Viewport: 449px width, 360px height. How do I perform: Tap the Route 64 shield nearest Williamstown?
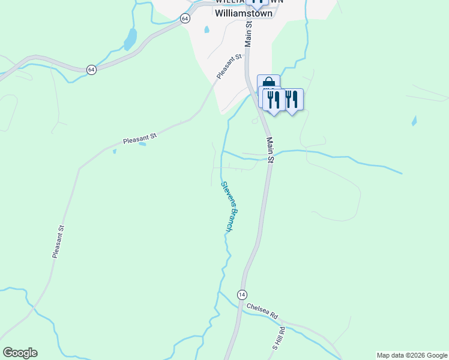point(185,19)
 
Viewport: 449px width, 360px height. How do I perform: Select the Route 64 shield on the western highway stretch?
point(91,70)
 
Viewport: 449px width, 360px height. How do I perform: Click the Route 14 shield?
point(241,295)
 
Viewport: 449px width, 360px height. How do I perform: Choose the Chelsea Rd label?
point(262,311)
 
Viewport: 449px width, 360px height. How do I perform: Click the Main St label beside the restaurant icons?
point(270,150)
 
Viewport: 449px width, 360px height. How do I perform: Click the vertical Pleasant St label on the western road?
point(58,242)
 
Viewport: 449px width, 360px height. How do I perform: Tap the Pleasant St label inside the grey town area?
point(229,66)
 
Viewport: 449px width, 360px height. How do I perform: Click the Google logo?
point(20,353)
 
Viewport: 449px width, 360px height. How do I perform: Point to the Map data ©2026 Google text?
point(412,355)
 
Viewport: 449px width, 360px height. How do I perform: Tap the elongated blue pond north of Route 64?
point(130,40)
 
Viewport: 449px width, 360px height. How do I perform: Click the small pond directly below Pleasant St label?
point(142,144)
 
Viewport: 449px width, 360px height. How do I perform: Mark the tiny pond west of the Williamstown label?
point(206,29)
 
